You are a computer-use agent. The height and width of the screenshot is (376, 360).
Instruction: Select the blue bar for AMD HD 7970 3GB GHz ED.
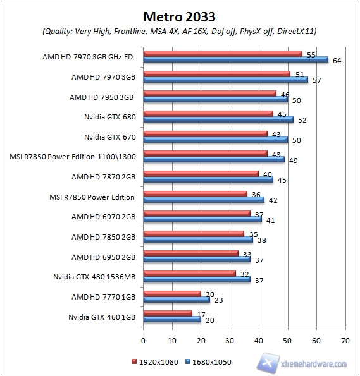[235, 60]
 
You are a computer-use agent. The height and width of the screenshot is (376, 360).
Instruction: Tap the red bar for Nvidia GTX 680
[208, 114]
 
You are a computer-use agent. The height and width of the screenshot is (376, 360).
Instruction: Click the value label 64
[337, 61]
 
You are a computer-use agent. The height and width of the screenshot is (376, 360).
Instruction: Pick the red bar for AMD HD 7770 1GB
[172, 293]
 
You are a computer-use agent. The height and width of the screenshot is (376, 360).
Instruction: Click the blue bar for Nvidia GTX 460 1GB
[172, 320]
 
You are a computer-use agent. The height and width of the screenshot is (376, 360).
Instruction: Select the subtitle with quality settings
[180, 31]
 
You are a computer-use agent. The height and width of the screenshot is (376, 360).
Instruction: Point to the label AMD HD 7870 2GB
[103, 176]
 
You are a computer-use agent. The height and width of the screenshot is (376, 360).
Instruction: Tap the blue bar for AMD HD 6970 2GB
[202, 220]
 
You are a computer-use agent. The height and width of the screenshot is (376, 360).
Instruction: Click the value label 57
[316, 81]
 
